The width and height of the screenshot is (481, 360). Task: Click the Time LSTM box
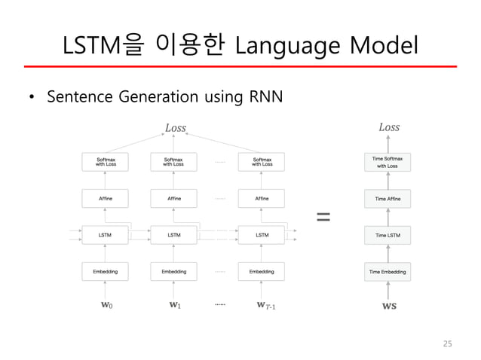[388, 235]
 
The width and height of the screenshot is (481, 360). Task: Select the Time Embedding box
[388, 271]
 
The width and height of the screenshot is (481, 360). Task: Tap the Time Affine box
[388, 199]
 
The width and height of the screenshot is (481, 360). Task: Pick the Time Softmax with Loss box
[388, 162]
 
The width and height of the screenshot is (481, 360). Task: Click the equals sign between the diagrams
[323, 217]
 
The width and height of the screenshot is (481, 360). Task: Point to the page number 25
[447, 343]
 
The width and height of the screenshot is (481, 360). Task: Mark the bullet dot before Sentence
[31, 98]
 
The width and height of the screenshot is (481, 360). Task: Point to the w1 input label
[174, 306]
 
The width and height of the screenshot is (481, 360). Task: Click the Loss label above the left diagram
[175, 128]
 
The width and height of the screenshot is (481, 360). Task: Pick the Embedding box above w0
[105, 271]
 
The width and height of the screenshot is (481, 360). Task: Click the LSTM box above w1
[174, 235]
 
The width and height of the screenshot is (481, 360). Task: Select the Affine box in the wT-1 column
[262, 199]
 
